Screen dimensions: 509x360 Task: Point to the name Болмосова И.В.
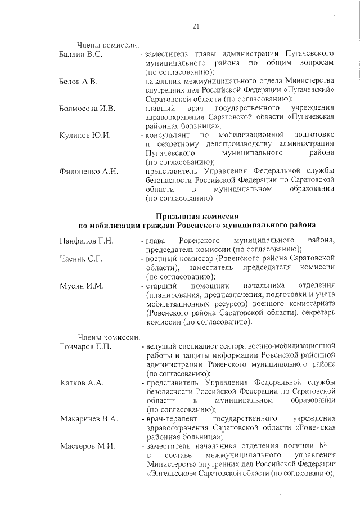(87, 108)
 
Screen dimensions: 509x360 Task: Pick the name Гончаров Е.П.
(85, 346)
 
